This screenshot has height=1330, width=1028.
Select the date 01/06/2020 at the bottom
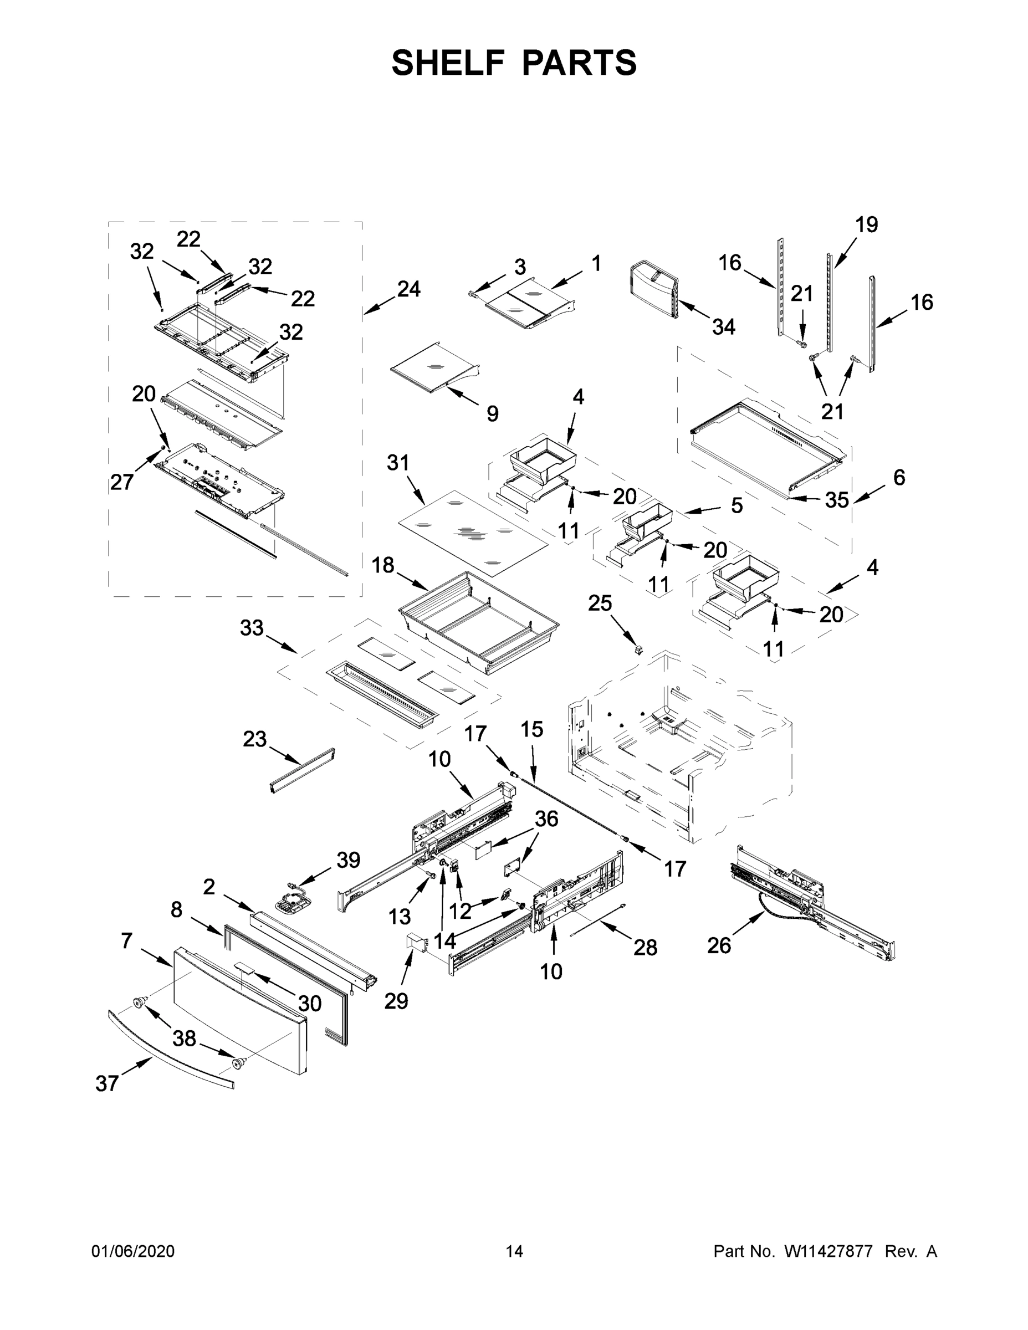coord(133,1251)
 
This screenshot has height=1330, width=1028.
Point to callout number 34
coord(724,327)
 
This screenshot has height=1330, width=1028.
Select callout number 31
coord(398,463)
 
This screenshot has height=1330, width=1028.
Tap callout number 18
coord(383,565)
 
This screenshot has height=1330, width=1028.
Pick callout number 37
coord(106,1083)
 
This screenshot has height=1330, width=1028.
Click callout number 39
coord(349,860)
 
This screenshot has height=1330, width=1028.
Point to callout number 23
coord(254,739)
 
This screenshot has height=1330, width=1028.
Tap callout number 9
coord(492,413)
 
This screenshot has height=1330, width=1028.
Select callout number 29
coord(396,1000)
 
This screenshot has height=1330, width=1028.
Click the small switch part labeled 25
coord(639,651)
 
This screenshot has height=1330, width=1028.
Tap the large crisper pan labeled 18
coord(478,624)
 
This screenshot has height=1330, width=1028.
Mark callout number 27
coord(122,482)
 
